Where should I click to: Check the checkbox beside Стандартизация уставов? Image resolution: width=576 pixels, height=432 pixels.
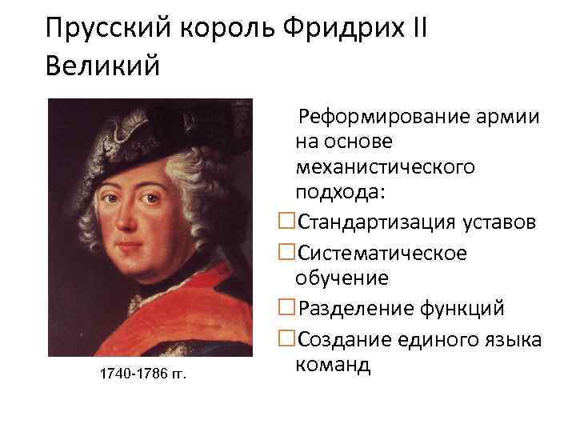point(286,222)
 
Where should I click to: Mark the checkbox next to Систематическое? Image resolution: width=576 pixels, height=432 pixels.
point(286,252)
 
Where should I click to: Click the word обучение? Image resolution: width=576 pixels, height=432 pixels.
point(342,278)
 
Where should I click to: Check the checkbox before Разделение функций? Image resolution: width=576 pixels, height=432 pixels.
point(286,308)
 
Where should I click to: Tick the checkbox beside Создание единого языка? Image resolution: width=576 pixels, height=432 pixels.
point(286,338)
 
